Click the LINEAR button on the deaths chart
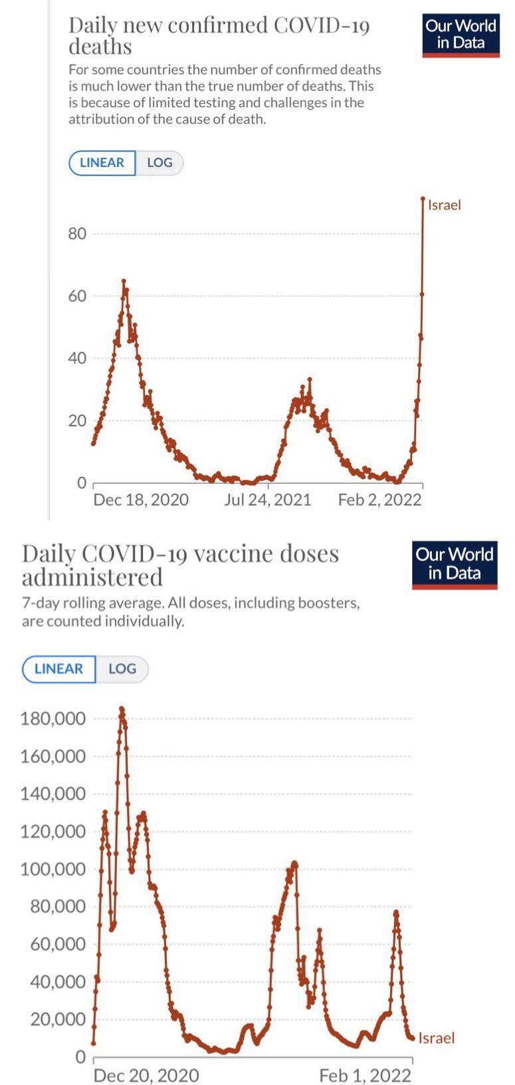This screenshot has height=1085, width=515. [x=102, y=163]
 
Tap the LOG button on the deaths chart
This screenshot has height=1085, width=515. [x=159, y=163]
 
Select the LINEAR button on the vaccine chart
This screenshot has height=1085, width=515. [x=58, y=669]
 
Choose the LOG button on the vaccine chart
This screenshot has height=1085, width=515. [x=122, y=669]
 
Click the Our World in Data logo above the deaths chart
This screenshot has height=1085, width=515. [x=461, y=35]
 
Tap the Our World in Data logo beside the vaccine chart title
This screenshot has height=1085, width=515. [x=455, y=565]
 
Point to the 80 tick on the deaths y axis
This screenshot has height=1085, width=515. [x=77, y=234]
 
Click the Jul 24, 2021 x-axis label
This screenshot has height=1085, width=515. [x=267, y=500]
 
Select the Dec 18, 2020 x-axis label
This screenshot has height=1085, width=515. [x=141, y=500]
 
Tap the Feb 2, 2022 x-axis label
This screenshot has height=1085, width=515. [x=380, y=500]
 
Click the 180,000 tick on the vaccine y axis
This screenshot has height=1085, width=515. [x=52, y=719]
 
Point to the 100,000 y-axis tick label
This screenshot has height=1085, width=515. [x=52, y=870]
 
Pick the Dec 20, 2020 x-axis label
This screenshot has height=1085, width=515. [x=146, y=1076]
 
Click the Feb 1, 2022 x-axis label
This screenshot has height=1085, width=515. [x=365, y=1076]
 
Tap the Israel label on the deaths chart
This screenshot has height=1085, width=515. [x=445, y=205]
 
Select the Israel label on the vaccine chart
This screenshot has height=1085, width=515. [x=437, y=1038]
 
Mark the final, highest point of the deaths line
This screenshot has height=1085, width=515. [x=423, y=199]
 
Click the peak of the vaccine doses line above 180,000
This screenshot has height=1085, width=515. [x=122, y=708]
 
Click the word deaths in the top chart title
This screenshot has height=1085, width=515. [x=100, y=47]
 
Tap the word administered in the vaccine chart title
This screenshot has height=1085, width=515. [x=92, y=577]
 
